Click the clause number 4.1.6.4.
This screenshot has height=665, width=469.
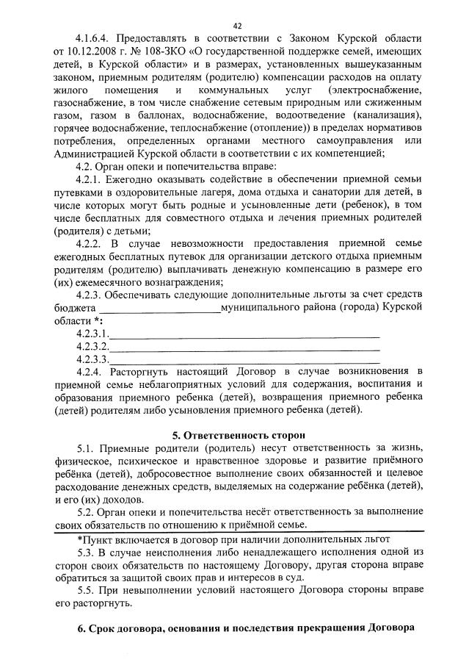click(x=94, y=38)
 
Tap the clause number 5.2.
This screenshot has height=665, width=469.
click(x=85, y=511)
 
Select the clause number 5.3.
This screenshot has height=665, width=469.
click(x=85, y=552)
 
